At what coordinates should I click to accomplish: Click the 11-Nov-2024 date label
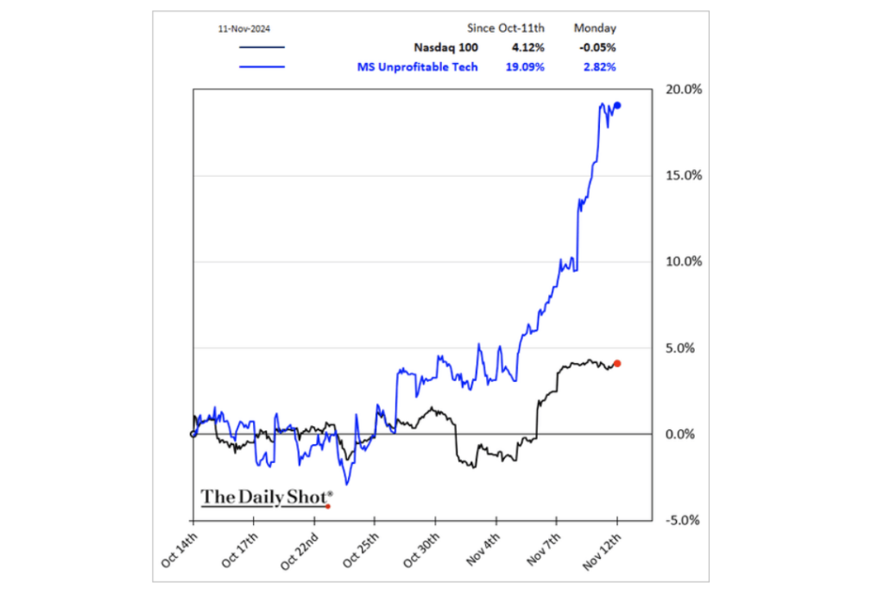tap(245, 28)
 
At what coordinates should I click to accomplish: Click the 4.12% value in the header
tap(527, 47)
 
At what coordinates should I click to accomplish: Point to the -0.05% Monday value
tap(595, 47)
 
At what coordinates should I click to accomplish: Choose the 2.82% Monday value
tap(597, 66)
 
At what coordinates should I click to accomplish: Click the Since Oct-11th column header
tap(516, 28)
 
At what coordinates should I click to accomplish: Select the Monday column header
tap(596, 28)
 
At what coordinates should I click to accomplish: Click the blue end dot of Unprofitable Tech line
tap(617, 105)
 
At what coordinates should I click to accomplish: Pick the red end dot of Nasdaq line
tap(617, 363)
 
